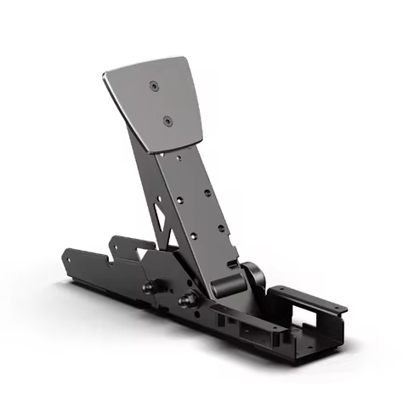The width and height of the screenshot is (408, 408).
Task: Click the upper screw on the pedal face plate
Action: coord(153,86)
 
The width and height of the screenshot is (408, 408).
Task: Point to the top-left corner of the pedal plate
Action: coord(105,74)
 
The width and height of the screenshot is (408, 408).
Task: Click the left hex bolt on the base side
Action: coord(150,289)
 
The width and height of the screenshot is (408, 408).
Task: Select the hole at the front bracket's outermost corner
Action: coord(343,308)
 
